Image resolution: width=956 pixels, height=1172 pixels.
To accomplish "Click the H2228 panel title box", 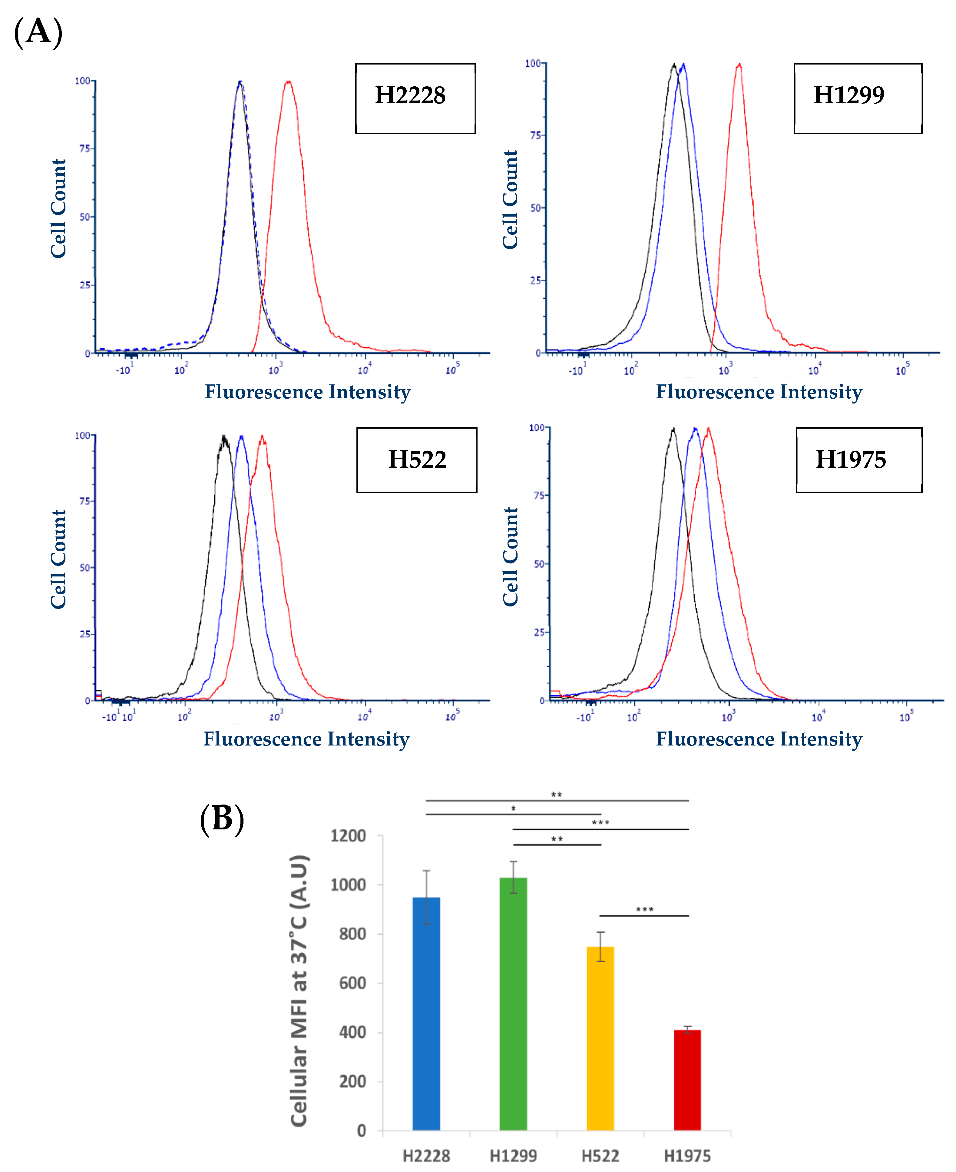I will click(x=415, y=98).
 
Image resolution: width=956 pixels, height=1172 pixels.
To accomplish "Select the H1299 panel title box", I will click(x=857, y=98).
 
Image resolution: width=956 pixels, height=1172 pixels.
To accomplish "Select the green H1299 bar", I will click(x=513, y=1002).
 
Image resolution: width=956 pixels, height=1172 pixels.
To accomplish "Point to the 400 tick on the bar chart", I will click(x=352, y=1032).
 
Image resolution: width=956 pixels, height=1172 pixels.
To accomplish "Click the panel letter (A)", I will click(x=38, y=32).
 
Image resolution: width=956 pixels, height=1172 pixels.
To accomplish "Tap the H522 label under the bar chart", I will click(x=600, y=1155).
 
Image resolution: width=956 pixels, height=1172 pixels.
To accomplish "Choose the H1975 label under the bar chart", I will click(x=687, y=1155).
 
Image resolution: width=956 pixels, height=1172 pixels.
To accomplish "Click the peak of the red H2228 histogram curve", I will click(x=288, y=82).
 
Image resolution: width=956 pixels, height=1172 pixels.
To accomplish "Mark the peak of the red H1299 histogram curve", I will click(x=739, y=65).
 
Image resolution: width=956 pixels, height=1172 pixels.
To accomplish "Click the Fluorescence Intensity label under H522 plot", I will click(x=307, y=739).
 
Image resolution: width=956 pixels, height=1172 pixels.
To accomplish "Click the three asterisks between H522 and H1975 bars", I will click(x=644, y=909).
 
